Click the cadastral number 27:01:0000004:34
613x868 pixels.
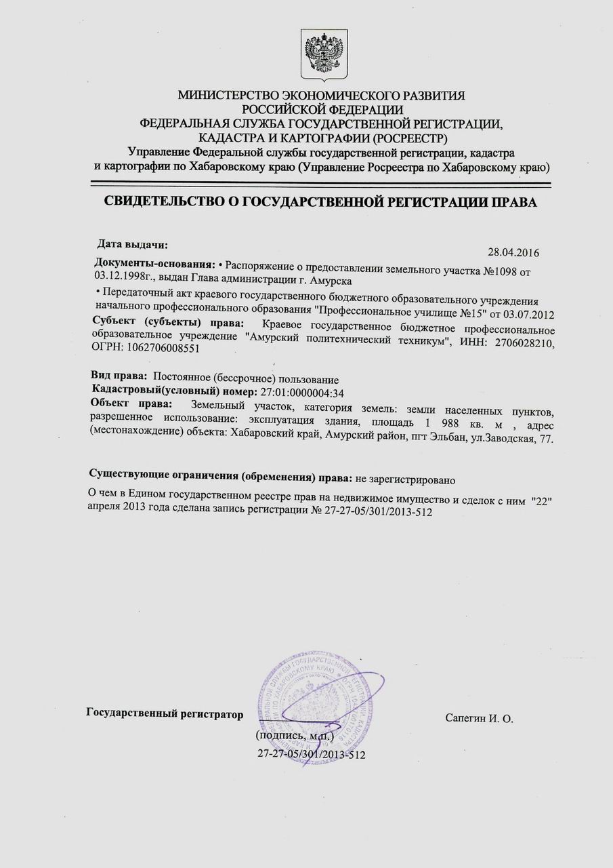point(303,392)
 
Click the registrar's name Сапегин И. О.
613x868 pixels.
point(480,717)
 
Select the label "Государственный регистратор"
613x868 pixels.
point(165,713)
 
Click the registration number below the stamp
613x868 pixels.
point(312,753)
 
